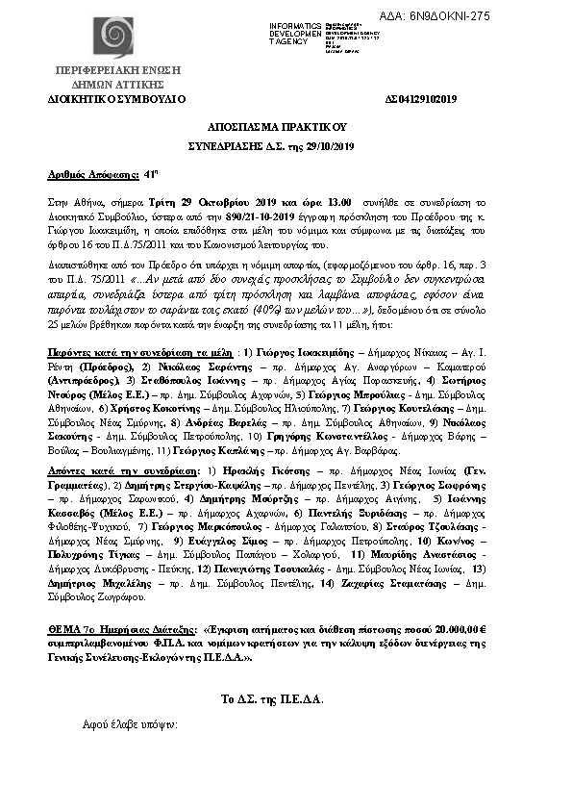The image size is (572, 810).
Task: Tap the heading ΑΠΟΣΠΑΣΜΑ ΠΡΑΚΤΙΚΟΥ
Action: tap(286, 126)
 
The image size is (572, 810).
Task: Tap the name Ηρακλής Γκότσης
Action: tap(255, 472)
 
